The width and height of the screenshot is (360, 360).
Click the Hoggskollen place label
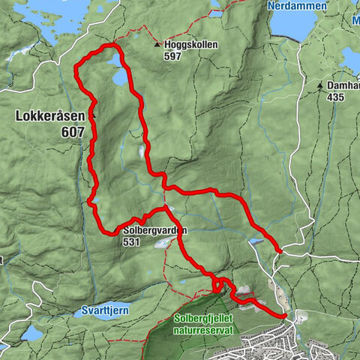coord(191,45)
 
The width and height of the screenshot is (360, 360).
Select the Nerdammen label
coord(297,6)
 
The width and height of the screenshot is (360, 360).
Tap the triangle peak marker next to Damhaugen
coord(320,85)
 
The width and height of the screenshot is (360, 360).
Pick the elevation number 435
coord(336,97)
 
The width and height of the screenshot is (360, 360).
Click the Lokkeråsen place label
coord(47,117)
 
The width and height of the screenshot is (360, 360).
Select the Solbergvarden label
coord(155,231)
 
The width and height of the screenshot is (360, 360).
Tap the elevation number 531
coord(133,242)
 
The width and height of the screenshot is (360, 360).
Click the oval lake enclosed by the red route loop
coord(120,77)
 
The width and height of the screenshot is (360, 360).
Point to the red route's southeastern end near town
coord(285,316)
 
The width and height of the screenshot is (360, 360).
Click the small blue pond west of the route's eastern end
coord(256,242)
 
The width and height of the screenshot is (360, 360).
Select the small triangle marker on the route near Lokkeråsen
coord(94,115)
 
